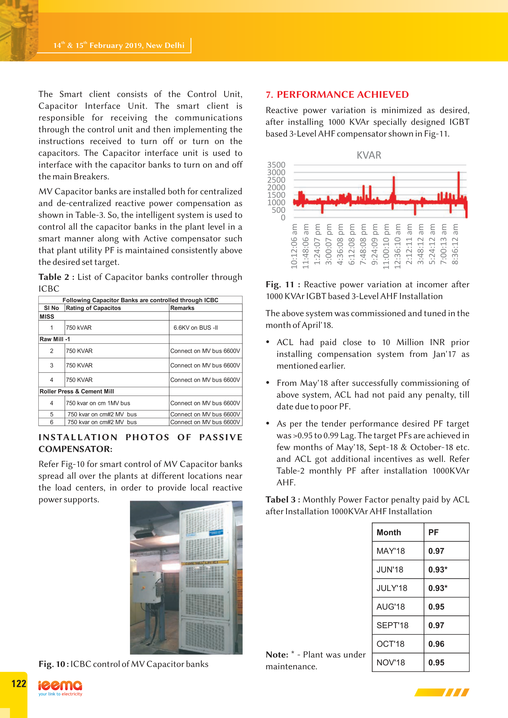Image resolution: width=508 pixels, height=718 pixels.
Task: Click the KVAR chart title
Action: [x=369, y=155]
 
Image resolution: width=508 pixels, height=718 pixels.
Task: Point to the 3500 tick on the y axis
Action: [x=276, y=165]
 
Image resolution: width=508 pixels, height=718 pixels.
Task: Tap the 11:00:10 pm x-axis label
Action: [x=386, y=246]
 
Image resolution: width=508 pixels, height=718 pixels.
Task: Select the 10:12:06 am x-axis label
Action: [x=294, y=246]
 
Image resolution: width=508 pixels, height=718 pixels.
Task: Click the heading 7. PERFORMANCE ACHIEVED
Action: [x=337, y=94]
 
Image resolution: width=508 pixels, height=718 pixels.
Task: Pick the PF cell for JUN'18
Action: [x=437, y=569]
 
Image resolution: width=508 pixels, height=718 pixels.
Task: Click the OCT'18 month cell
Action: [x=390, y=644]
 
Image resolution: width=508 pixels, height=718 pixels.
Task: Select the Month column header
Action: [x=389, y=532]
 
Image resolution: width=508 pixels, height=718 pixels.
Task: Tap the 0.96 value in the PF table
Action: [x=436, y=644]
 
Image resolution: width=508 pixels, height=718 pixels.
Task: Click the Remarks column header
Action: [x=182, y=308]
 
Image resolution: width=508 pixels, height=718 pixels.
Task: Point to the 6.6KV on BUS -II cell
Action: [x=196, y=328]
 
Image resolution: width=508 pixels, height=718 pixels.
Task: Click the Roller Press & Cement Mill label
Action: [x=77, y=391]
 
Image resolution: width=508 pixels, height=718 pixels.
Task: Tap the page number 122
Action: [x=19, y=684]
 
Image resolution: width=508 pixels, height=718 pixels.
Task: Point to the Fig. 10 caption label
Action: [x=52, y=664]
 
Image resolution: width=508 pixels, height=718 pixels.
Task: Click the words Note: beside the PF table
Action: [x=277, y=655]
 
